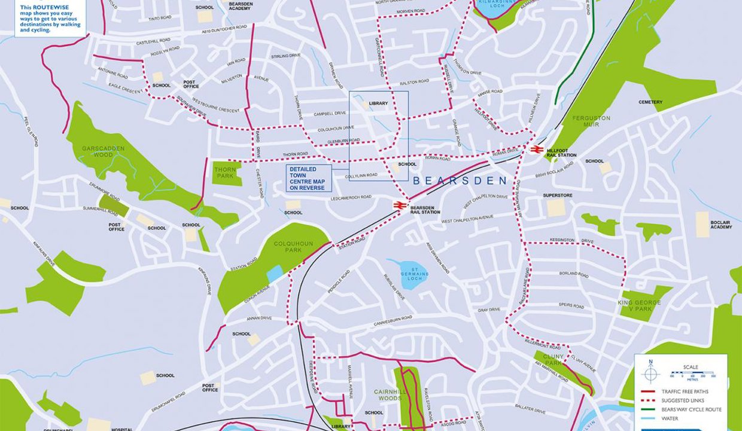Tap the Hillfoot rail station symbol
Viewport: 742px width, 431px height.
[536, 150]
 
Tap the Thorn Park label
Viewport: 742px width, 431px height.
[225, 172]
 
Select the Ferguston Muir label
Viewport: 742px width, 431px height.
[591, 122]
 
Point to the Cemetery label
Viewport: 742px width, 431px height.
[650, 102]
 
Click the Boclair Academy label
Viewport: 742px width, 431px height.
[720, 224]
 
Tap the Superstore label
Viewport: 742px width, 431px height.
[557, 195]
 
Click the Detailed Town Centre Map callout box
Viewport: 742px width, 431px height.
[309, 178]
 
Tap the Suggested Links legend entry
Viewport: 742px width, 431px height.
[682, 400]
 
